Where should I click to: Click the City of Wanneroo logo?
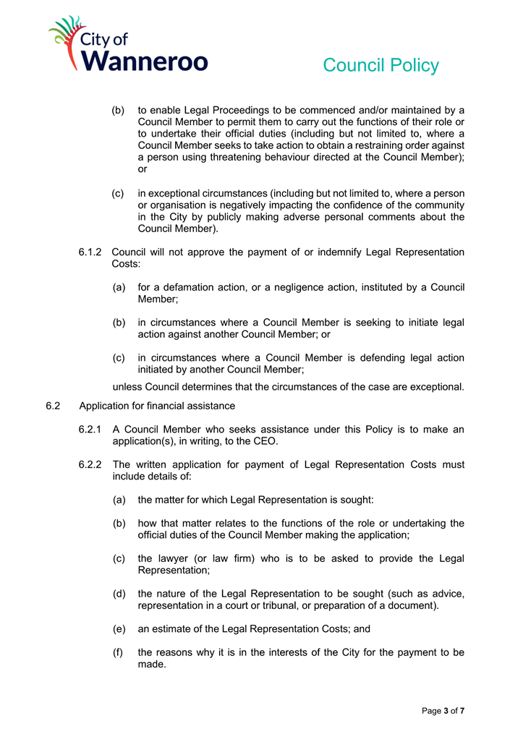tap(128, 45)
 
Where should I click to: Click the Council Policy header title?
tap(381, 65)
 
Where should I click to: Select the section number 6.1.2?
tap(91, 252)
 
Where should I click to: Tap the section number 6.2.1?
tap(91, 430)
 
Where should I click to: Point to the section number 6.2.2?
tap(91, 464)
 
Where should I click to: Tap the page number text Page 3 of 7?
tap(443, 711)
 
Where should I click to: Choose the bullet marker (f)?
tap(119, 652)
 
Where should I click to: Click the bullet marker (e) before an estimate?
tap(119, 629)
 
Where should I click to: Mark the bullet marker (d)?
tap(119, 594)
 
